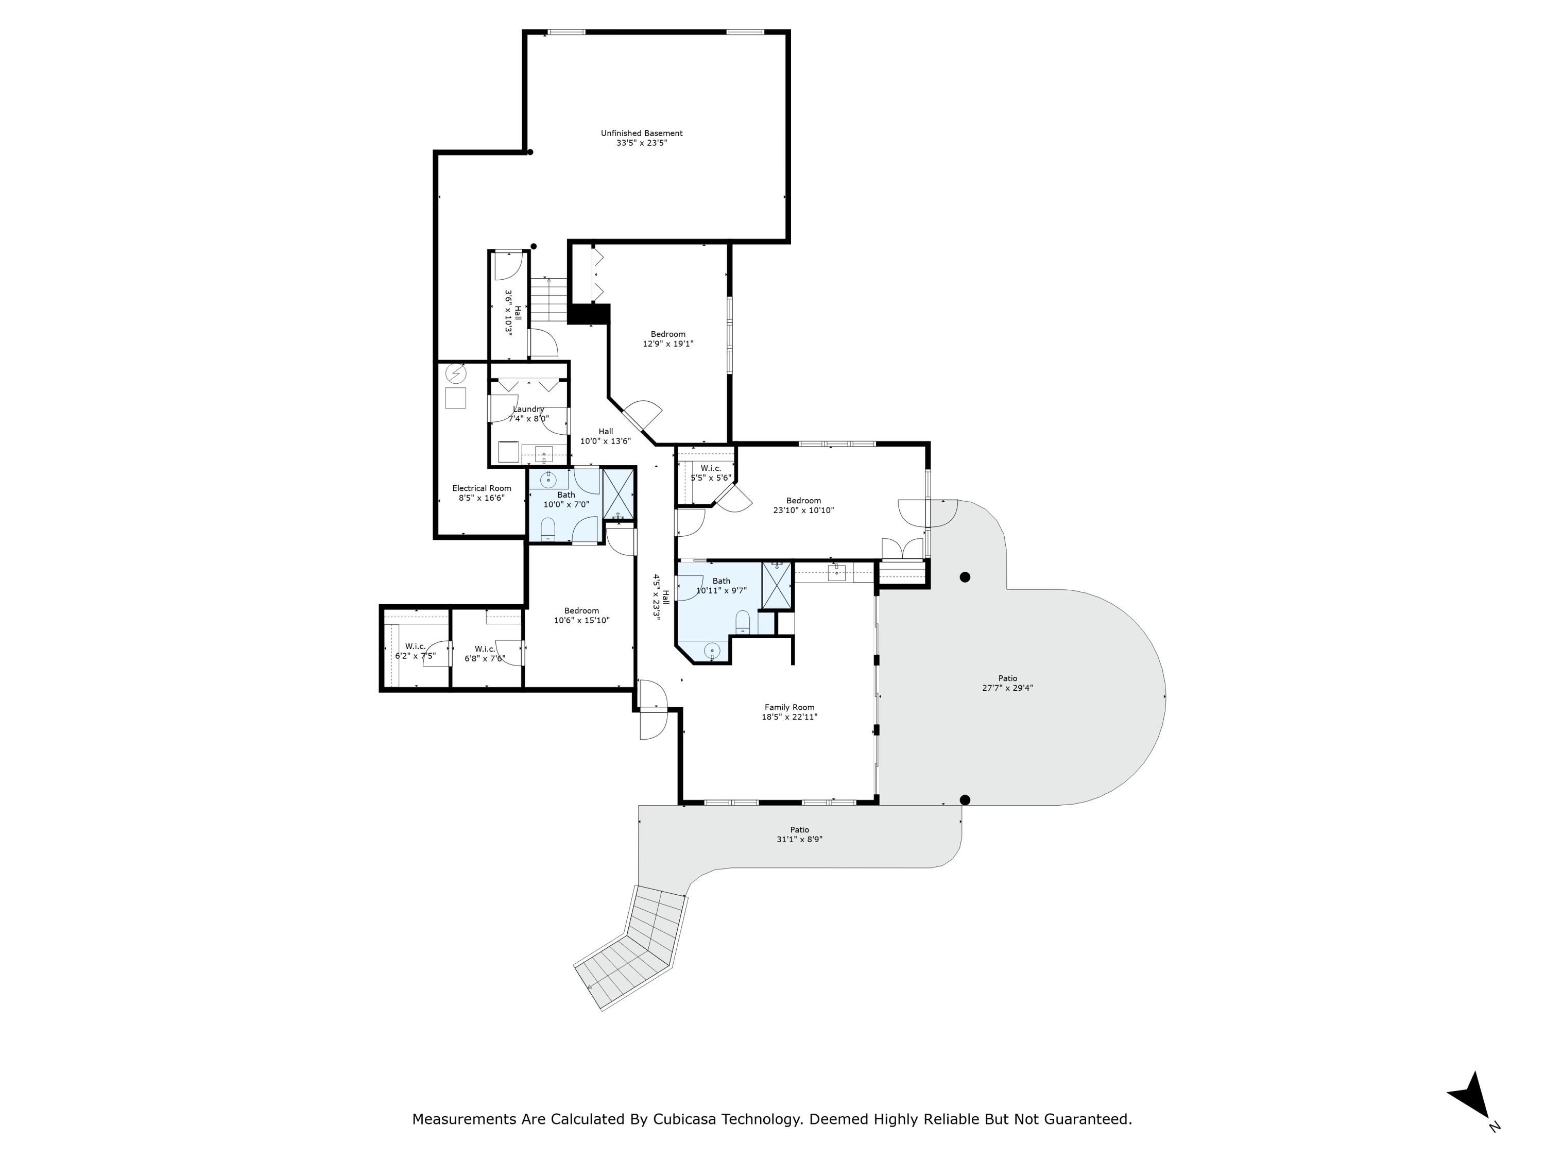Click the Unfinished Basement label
click(642, 133)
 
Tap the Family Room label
click(789, 707)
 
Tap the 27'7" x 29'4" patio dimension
click(1007, 688)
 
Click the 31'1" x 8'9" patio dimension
click(799, 839)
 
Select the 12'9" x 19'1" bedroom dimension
click(668, 344)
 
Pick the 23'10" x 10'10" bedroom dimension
click(803, 510)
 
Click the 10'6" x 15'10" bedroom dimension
click(582, 620)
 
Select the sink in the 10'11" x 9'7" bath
click(712, 651)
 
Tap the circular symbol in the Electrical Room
click(455, 374)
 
